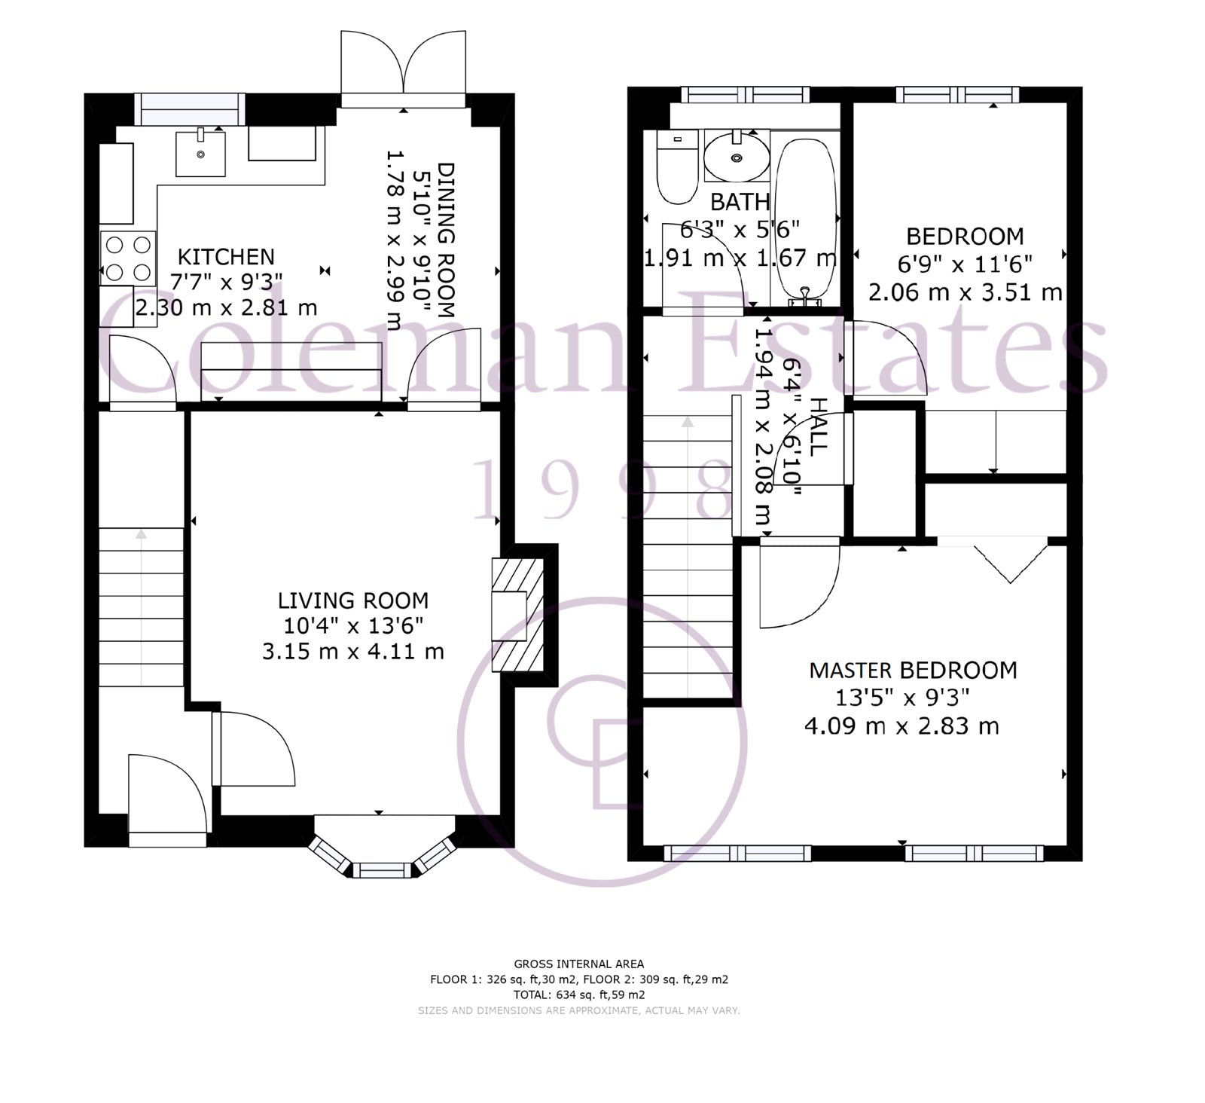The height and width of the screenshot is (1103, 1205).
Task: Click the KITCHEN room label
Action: pyautogui.click(x=226, y=257)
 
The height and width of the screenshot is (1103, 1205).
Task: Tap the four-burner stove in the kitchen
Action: pyautogui.click(x=127, y=258)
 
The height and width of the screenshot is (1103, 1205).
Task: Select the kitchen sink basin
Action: pyautogui.click(x=200, y=153)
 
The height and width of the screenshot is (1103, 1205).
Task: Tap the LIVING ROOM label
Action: pyautogui.click(x=353, y=600)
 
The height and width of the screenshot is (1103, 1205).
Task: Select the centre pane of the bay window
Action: pyautogui.click(x=383, y=870)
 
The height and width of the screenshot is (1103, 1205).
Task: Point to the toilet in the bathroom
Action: pyautogui.click(x=676, y=167)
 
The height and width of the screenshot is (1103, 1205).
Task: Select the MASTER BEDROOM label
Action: pyautogui.click(x=913, y=670)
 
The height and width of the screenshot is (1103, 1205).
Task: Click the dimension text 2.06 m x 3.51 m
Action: pyautogui.click(x=965, y=292)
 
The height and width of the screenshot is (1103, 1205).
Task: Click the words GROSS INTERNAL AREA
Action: pyautogui.click(x=578, y=964)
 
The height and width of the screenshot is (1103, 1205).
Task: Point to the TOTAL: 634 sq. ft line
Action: pyautogui.click(x=578, y=995)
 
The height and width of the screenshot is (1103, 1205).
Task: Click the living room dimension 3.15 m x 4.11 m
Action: pyautogui.click(x=353, y=651)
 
